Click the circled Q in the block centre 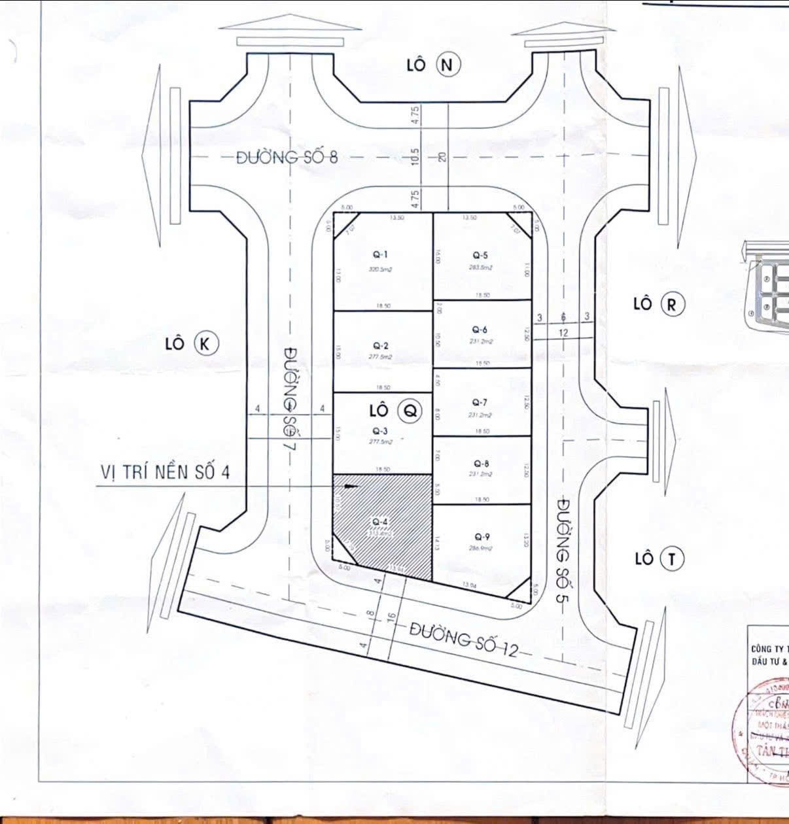pyautogui.click(x=410, y=411)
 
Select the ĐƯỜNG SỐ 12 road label pyautogui.click(x=465, y=641)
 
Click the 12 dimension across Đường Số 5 pyautogui.click(x=563, y=333)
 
